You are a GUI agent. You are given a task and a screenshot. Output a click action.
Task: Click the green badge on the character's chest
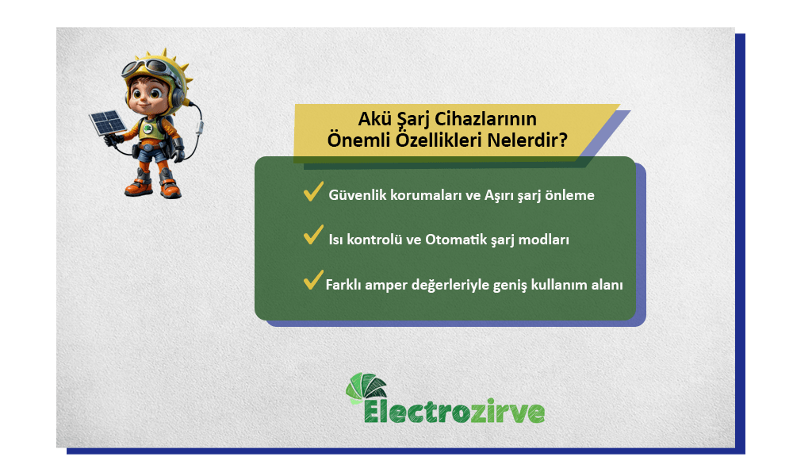click(x=147, y=128)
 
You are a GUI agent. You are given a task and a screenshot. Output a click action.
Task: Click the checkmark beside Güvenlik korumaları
click(x=312, y=192)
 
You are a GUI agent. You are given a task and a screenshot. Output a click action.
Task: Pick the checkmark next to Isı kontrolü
click(x=312, y=236)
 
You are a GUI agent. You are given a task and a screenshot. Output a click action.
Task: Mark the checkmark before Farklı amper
click(x=312, y=280)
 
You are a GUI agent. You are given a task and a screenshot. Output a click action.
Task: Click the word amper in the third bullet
click(x=387, y=284)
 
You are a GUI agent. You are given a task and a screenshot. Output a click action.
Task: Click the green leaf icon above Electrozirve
click(x=366, y=387)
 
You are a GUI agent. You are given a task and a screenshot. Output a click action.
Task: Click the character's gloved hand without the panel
click(x=179, y=148)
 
